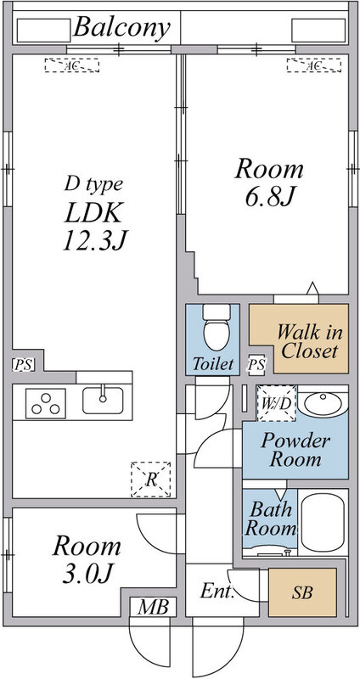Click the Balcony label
click(x=121, y=29)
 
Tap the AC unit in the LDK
click(x=72, y=65)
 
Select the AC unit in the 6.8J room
click(x=313, y=65)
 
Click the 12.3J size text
click(x=96, y=240)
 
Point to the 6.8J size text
click(x=269, y=197)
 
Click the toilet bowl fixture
click(x=217, y=328)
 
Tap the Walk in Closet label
click(x=309, y=341)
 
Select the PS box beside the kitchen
click(x=24, y=364)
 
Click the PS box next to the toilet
click(x=256, y=365)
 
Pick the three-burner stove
click(x=46, y=404)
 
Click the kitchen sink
click(x=103, y=400)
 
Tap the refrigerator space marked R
click(x=151, y=480)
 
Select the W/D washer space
click(x=277, y=404)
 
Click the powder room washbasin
click(x=323, y=402)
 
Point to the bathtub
click(x=323, y=522)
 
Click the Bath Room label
click(x=271, y=519)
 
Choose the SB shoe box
click(x=302, y=592)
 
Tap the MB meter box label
click(x=154, y=607)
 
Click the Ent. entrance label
click(x=217, y=592)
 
